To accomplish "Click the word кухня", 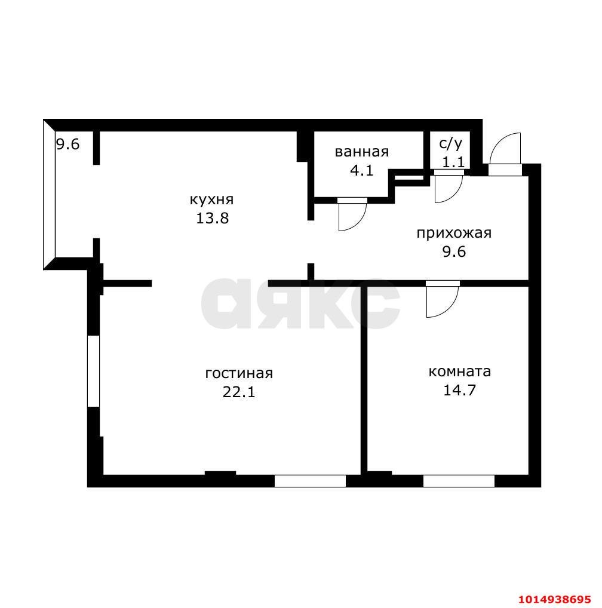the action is tap(211, 199).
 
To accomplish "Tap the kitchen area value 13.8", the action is tap(213, 219).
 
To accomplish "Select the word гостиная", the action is tap(239, 373).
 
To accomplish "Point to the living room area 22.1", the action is tap(239, 392).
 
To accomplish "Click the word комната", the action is tap(460, 371).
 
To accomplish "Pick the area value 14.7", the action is tap(459, 390).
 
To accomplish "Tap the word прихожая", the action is tap(454, 234).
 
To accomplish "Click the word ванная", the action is tap(362, 152).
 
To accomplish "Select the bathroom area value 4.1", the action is tap(362, 170).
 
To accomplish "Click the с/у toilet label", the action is tap(451, 143).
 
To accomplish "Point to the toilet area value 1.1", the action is tap(453, 162).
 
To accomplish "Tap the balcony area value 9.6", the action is tap(68, 145).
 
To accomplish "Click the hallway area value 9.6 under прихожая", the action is tap(454, 252).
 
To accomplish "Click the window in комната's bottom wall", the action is tap(459, 481).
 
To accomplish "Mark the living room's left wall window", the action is tap(93, 371).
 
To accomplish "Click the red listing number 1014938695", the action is tap(554, 598).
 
